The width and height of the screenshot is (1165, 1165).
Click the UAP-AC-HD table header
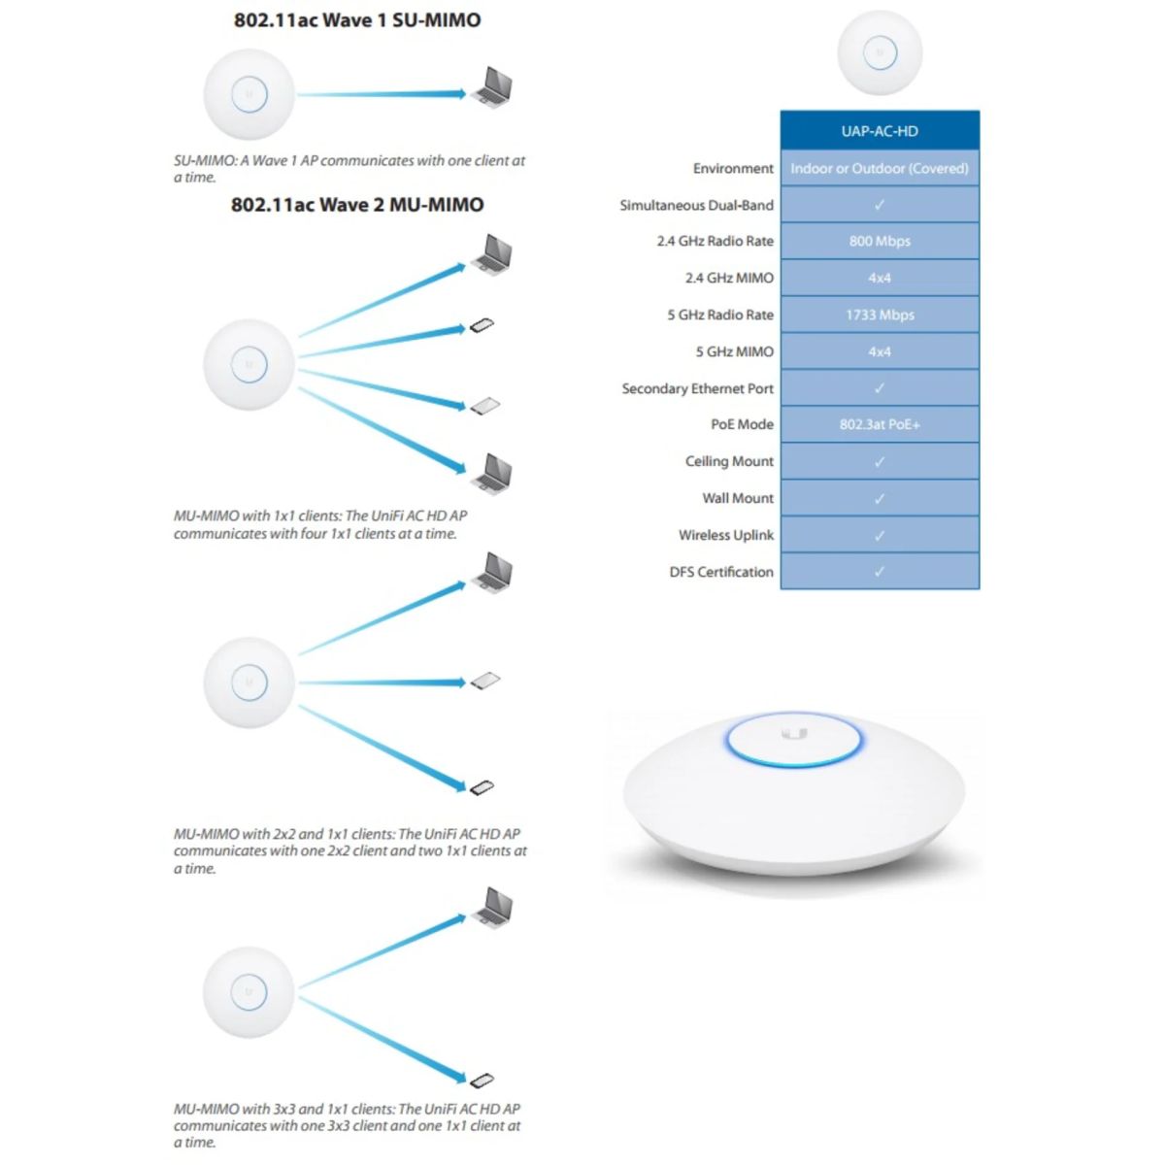tap(880, 131)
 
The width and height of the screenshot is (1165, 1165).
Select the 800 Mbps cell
tap(880, 241)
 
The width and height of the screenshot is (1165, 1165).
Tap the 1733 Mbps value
tap(880, 315)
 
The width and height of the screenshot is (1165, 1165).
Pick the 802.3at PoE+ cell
tap(880, 424)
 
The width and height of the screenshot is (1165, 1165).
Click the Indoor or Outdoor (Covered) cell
tap(880, 168)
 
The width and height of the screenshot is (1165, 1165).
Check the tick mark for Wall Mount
tap(880, 498)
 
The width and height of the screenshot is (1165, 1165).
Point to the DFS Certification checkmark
tap(880, 571)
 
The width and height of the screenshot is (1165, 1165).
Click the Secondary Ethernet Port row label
tap(698, 388)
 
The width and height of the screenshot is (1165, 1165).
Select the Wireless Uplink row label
tap(726, 535)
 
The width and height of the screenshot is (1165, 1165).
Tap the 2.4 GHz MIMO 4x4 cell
tap(880, 278)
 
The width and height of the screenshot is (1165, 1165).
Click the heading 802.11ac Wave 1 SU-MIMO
tap(357, 20)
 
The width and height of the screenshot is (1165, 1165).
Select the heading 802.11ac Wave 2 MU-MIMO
tap(357, 204)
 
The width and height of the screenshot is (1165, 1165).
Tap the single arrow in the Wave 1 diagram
tap(382, 94)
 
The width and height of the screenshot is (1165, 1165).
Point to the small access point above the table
tap(880, 52)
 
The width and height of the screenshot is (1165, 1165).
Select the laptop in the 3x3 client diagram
tap(493, 907)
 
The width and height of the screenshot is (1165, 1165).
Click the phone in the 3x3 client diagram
tap(482, 1080)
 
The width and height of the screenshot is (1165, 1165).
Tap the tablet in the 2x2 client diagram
tap(485, 681)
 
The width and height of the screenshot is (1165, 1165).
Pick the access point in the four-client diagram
tap(250, 365)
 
